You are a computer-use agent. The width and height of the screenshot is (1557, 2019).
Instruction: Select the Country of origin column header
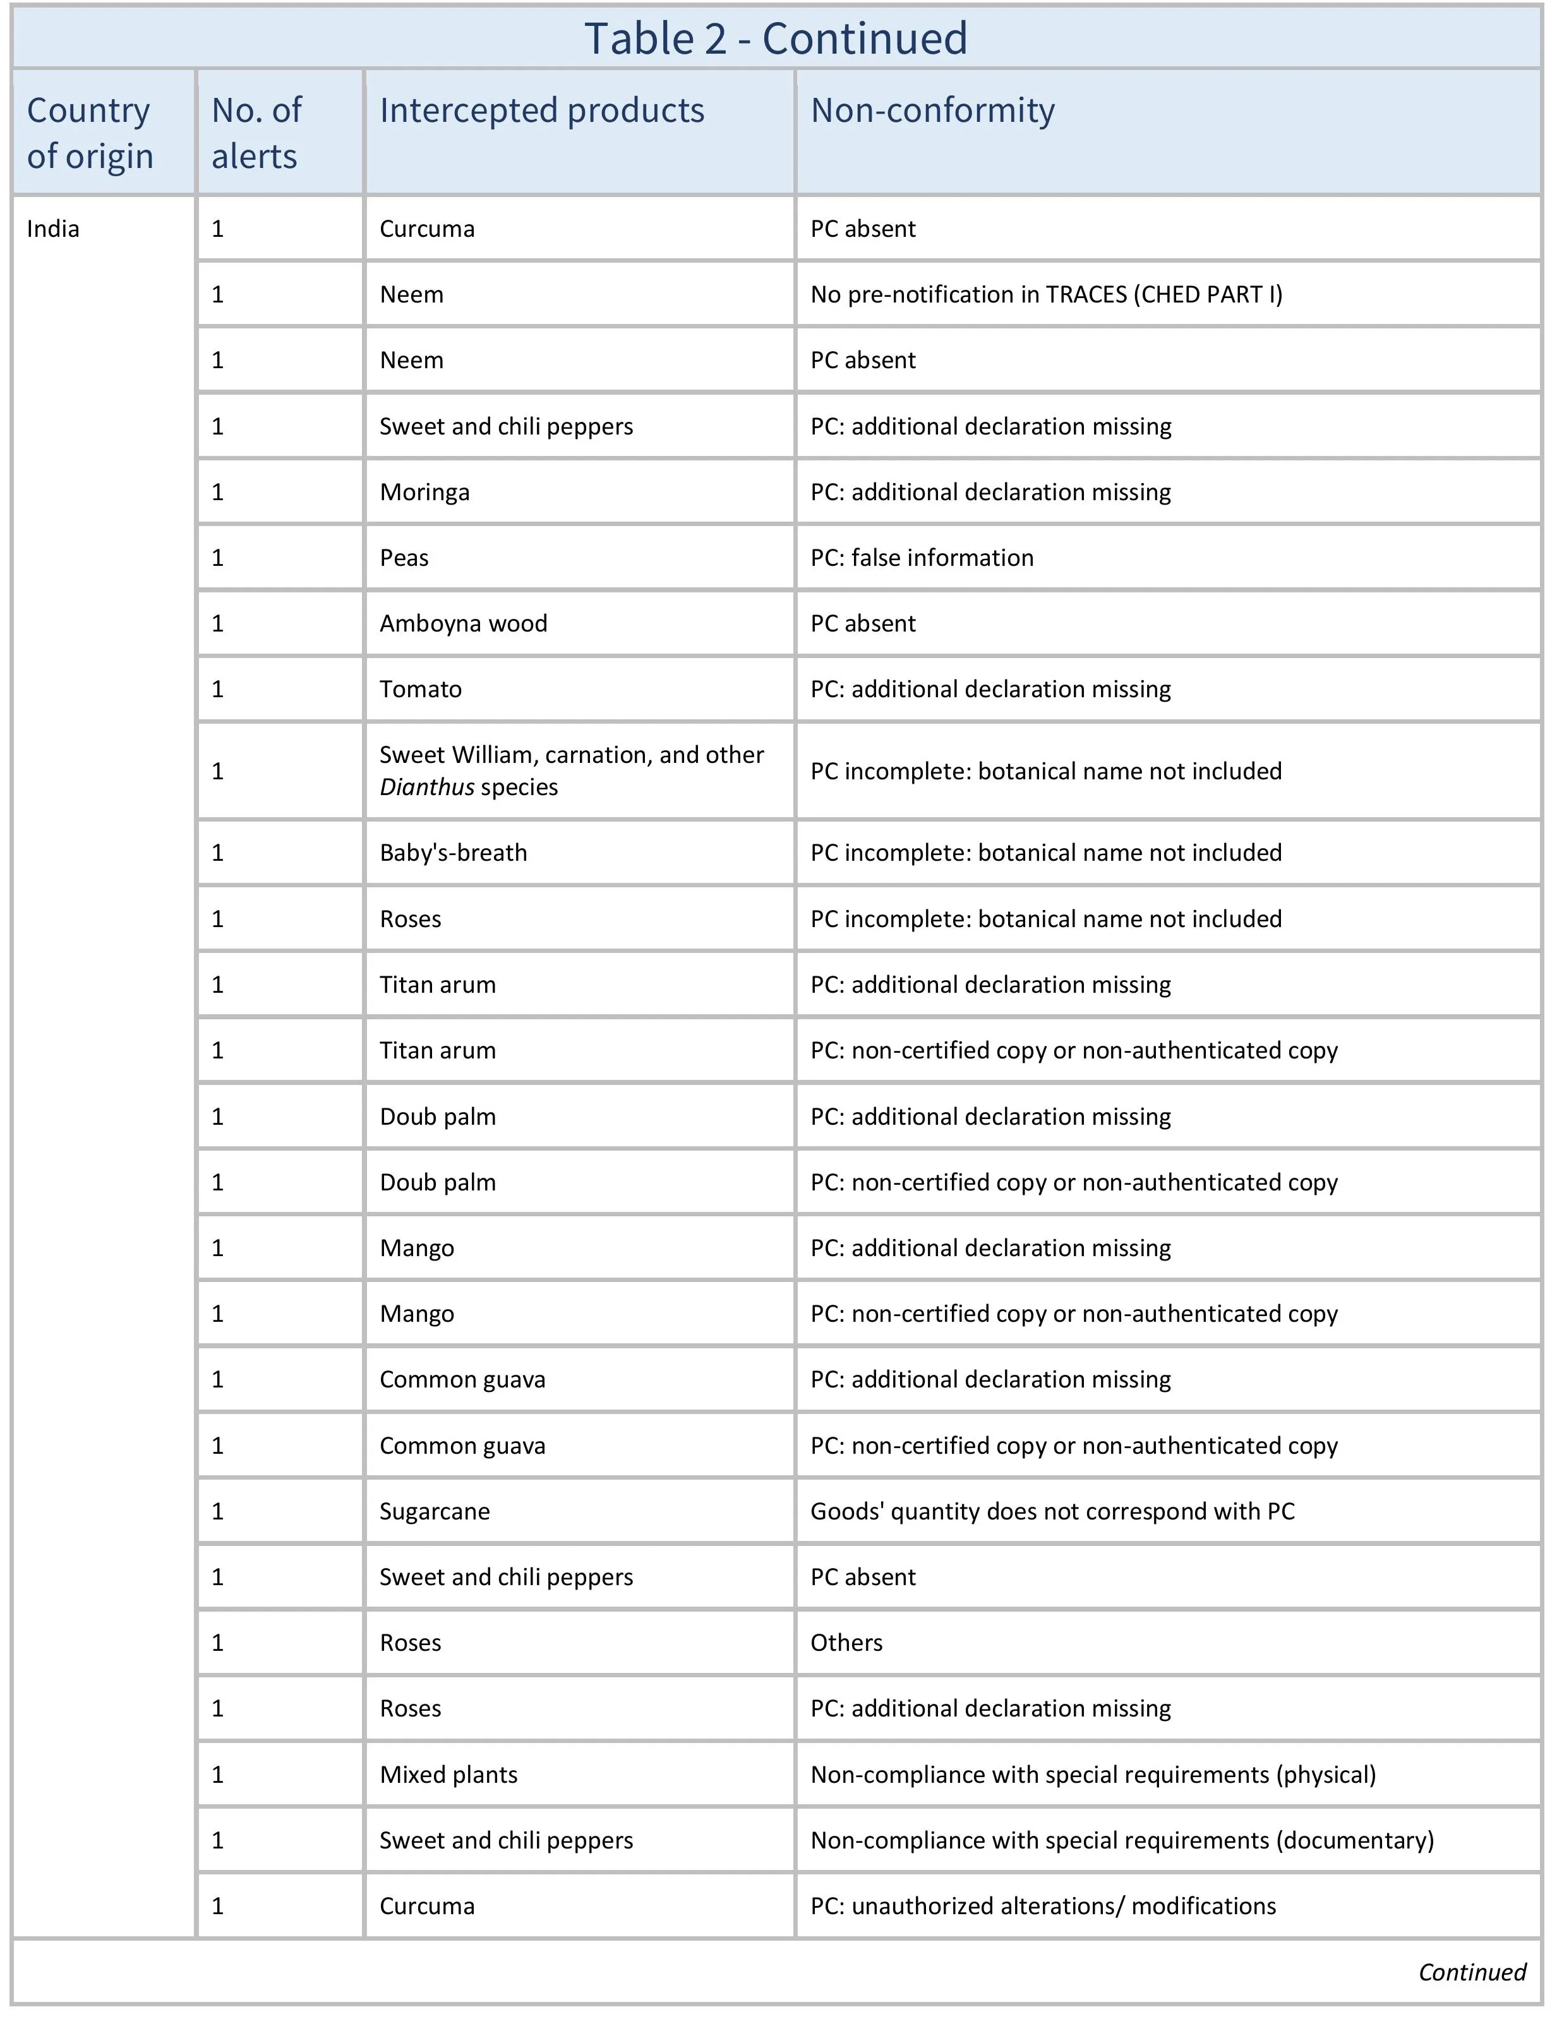point(90,132)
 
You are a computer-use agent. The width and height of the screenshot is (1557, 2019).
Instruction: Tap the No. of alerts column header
point(256,132)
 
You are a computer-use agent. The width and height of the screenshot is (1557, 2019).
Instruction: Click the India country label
point(52,229)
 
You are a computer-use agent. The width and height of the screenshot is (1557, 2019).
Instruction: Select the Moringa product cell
point(424,492)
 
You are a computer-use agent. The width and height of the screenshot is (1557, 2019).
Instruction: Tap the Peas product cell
point(404,558)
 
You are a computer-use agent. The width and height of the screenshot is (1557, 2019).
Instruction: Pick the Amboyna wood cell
point(463,623)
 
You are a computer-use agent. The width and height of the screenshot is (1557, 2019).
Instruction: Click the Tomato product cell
point(421,689)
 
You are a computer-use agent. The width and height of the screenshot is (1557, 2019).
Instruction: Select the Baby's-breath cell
point(453,853)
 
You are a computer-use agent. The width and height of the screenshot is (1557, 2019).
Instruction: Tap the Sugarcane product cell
point(435,1511)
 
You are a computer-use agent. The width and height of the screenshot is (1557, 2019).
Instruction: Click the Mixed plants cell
point(448,1774)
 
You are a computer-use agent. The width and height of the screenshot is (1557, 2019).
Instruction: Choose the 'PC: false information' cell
point(922,558)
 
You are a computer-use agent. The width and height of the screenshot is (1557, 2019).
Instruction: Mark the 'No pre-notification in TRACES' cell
point(1046,294)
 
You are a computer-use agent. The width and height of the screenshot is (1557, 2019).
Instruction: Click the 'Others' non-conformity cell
point(846,1642)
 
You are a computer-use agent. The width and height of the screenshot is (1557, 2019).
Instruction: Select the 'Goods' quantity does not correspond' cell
point(1052,1511)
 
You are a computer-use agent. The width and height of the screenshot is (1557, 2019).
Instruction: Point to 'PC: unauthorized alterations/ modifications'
point(1043,1905)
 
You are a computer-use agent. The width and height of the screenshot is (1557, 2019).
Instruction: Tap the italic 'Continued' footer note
point(1472,1972)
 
